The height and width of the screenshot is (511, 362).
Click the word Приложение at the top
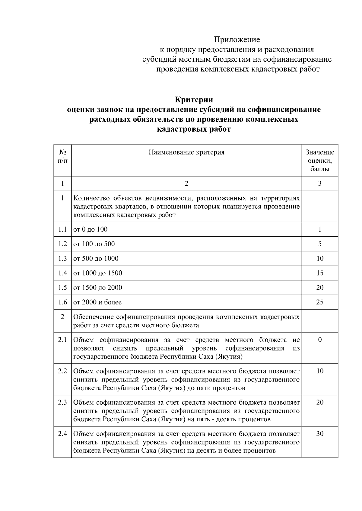237,40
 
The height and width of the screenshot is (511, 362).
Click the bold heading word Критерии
194,100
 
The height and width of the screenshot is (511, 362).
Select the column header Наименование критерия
186,152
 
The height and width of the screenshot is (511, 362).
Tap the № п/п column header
62,156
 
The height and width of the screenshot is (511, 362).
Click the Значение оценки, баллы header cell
320,160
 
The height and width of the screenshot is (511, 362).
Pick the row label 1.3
62,258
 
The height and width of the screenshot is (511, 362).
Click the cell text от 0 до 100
91,229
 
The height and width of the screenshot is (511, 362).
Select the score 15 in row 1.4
320,273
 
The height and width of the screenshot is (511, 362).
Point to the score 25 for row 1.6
320,302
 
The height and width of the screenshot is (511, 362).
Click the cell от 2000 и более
97,302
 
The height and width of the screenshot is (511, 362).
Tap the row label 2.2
62,371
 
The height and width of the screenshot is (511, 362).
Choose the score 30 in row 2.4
320,434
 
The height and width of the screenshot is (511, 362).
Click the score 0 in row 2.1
320,340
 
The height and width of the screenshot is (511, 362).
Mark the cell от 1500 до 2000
98,288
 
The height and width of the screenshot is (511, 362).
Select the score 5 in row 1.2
320,244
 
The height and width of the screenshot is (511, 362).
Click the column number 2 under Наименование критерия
186,184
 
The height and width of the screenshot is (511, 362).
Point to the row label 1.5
62,288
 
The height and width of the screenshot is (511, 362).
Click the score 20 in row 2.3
320,402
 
